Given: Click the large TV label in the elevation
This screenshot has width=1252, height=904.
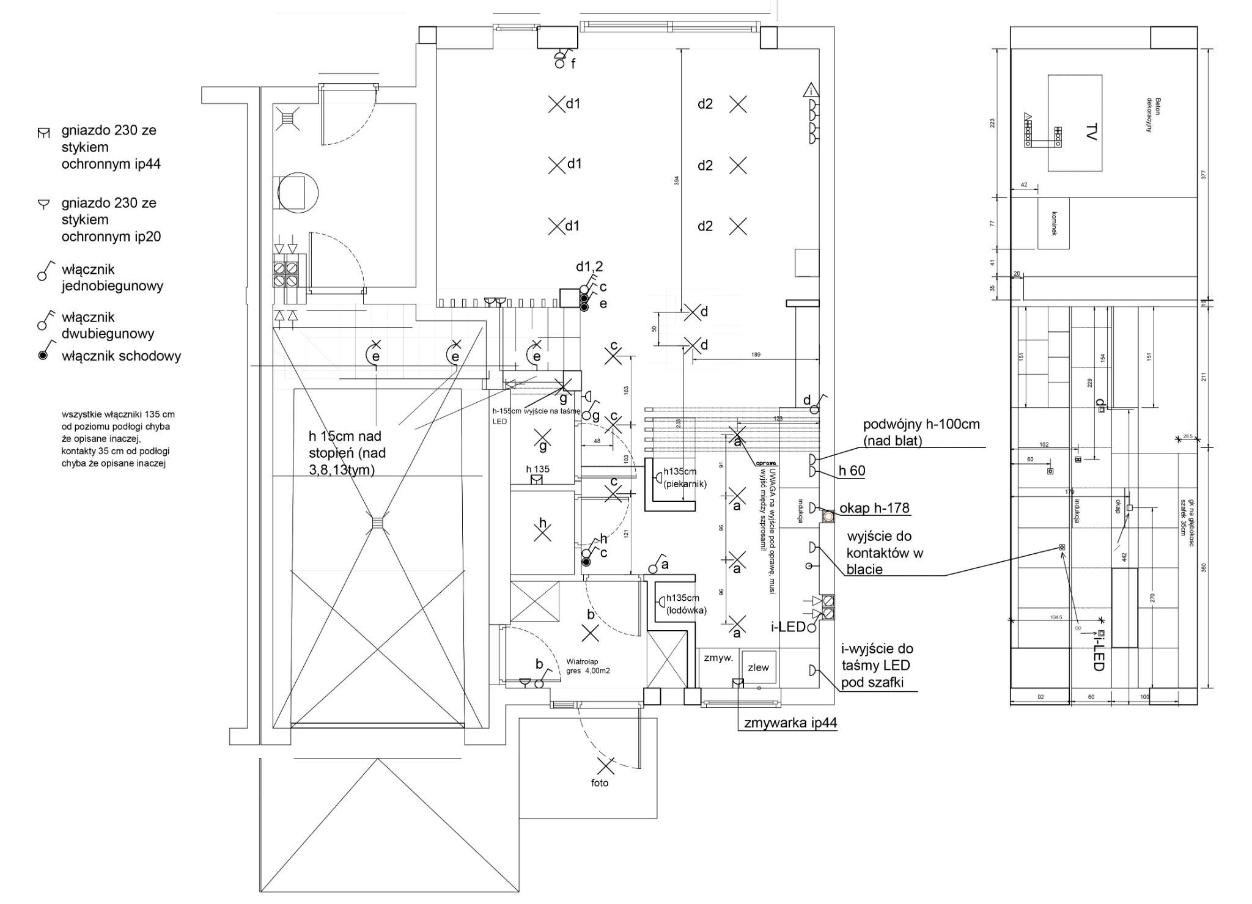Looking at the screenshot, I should point(1092,131).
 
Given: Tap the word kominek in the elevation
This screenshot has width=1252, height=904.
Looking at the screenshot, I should point(1054,224).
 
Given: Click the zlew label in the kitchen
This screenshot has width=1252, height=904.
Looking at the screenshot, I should point(758,667).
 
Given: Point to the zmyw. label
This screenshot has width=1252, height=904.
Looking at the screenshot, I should point(718,658).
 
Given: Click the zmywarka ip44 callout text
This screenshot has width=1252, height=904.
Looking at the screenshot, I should point(790,723).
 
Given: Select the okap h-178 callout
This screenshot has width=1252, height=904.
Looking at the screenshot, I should point(874,508).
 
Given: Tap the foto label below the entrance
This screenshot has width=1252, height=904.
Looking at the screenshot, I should point(600,783).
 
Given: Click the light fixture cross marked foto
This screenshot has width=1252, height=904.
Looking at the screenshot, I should point(605,765).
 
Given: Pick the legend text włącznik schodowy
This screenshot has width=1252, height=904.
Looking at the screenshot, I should point(121,356).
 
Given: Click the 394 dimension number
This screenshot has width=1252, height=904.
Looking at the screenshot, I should point(677,181).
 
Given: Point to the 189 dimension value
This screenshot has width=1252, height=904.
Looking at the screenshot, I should point(756,355).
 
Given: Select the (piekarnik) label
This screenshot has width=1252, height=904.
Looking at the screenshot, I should point(685,484).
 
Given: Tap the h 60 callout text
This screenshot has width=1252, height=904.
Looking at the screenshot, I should point(852,471).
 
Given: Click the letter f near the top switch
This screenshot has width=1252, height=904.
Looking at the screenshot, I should point(573,63).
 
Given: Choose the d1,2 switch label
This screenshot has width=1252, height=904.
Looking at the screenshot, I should point(589,266).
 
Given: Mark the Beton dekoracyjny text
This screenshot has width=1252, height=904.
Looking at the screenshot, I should point(1154,115).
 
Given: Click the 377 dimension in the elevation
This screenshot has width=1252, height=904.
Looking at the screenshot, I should point(1203,174).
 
